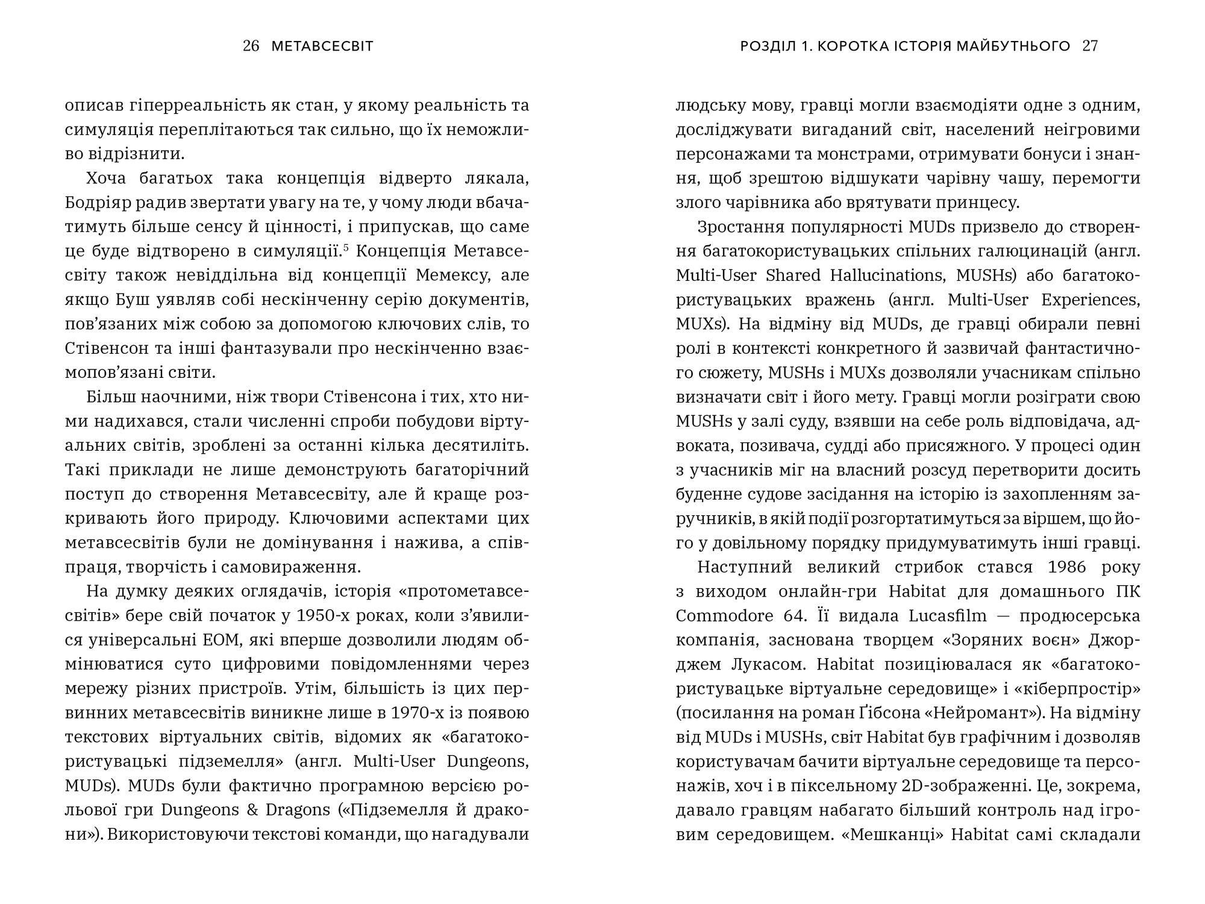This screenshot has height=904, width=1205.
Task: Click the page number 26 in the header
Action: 251,46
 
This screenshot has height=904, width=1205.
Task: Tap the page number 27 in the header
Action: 1091,46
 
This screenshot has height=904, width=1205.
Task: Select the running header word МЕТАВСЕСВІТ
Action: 322,46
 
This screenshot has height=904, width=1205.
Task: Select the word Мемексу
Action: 451,275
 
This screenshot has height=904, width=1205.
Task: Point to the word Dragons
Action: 298,810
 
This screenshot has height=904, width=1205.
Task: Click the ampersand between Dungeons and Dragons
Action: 252,810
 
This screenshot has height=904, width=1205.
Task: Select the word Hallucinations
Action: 888,275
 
